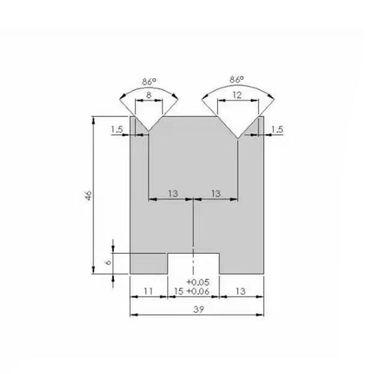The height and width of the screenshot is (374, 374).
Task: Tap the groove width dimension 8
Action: (x=148, y=95)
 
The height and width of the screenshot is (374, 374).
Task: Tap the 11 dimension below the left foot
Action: (x=148, y=291)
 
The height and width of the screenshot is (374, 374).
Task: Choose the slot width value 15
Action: (x=178, y=291)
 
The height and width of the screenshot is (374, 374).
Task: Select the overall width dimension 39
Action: (x=197, y=309)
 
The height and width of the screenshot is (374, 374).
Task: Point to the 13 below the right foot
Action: (x=240, y=291)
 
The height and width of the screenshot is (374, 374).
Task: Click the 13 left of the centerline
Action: (x=172, y=193)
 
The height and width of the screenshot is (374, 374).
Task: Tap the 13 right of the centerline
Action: (x=216, y=193)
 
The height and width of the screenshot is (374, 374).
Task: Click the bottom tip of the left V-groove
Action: (x=148, y=131)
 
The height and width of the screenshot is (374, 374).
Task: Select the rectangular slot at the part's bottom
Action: (x=193, y=264)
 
